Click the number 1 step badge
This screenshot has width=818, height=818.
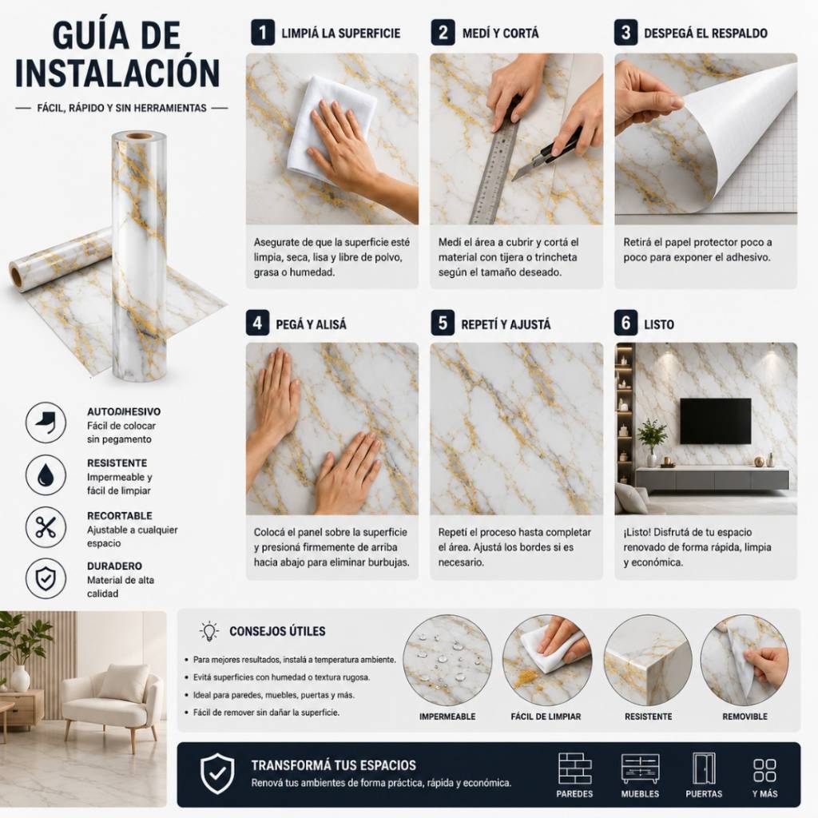click(x=262, y=33)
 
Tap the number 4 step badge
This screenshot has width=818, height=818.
click(x=258, y=323)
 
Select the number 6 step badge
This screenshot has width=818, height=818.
click(x=626, y=323)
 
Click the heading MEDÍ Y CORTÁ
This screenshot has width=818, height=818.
click(x=500, y=34)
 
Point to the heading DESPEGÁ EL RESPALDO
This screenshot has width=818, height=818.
click(x=705, y=34)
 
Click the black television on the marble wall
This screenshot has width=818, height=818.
click(x=715, y=421)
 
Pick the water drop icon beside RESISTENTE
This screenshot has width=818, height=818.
click(x=46, y=475)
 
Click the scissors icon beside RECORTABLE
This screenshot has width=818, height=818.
click(x=46, y=527)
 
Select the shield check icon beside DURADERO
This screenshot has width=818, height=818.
click(x=46, y=578)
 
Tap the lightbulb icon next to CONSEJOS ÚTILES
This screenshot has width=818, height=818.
click(x=209, y=631)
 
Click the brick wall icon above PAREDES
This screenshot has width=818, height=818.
click(x=575, y=768)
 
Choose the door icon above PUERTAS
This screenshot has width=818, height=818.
click(x=704, y=768)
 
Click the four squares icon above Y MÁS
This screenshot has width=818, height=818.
click(x=764, y=770)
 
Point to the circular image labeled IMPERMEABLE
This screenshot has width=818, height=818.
click(x=447, y=660)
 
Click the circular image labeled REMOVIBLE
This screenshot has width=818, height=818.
click(x=745, y=660)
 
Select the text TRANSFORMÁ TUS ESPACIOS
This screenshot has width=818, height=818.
click(x=334, y=765)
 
